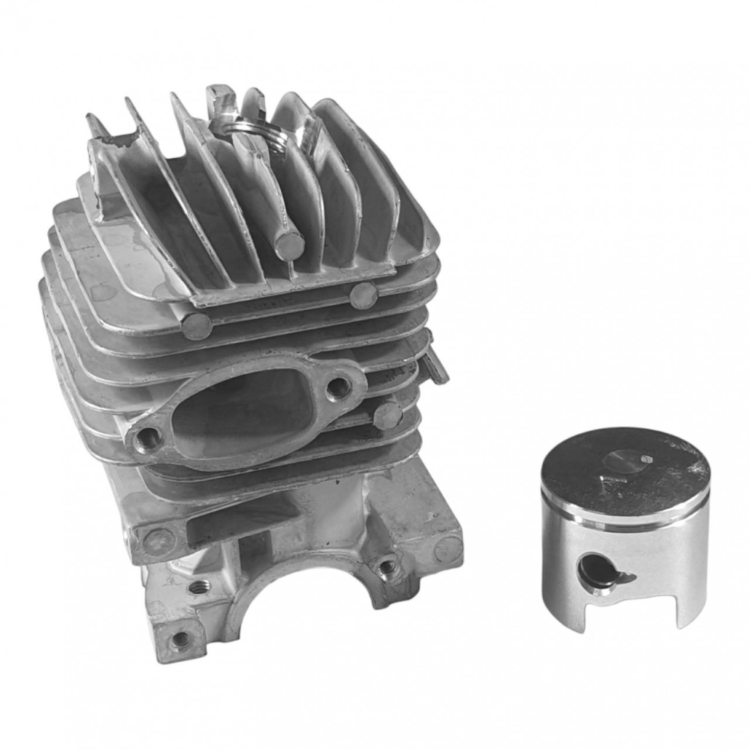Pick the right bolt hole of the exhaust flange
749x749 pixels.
339,386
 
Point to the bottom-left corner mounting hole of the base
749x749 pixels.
180,640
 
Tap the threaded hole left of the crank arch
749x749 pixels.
198,587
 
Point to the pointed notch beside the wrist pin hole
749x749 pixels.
623,577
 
